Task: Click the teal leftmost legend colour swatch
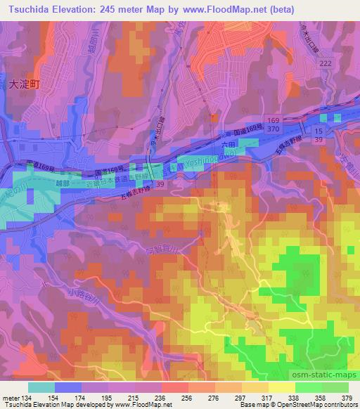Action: pyautogui.click(x=41, y=387)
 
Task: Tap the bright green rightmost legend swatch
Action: pyautogui.click(x=335, y=387)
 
